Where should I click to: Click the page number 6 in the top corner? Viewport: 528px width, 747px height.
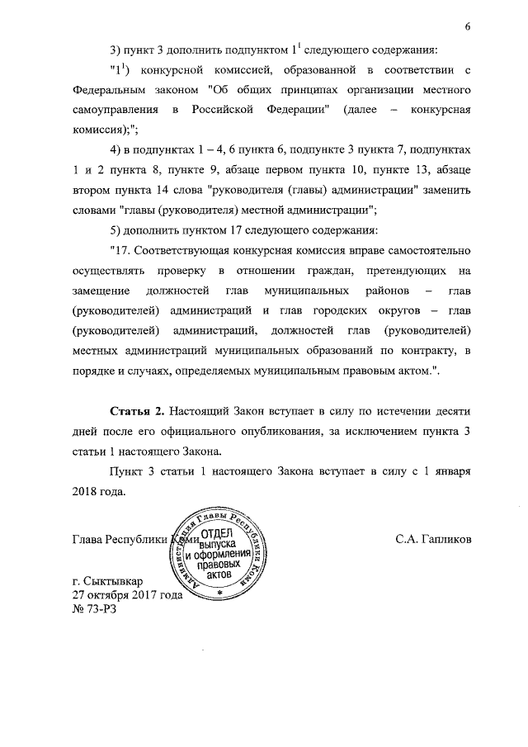[x=467, y=26]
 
